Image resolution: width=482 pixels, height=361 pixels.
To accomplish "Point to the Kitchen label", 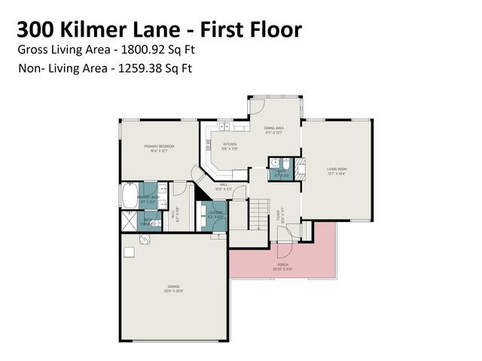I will tap(229, 145).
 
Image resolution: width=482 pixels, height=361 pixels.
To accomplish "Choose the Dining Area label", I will tap(273, 129).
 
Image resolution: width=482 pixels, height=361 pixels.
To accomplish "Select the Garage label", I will tap(173, 287).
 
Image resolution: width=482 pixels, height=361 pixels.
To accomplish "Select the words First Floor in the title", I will tap(261, 29).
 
